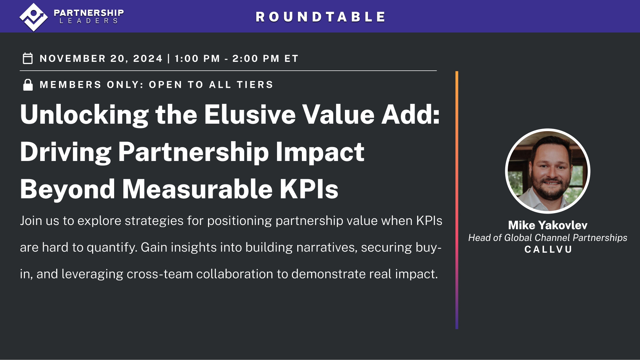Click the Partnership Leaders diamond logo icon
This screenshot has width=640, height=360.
coord(33,17)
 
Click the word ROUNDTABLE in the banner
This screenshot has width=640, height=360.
coord(320,17)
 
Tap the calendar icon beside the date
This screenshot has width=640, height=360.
coord(28,58)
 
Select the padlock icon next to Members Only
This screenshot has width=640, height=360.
coord(28,85)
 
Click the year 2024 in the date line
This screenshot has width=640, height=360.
coord(148,58)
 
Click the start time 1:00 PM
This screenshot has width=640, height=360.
coord(197,58)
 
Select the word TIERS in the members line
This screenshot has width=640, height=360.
coord(255,85)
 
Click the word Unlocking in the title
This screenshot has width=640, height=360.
coord(84,115)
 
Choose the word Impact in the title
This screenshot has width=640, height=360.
coord(320,152)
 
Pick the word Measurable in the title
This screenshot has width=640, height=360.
coord(197,189)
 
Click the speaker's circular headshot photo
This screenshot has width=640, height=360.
coord(548,171)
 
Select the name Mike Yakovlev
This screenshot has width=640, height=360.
coord(548,225)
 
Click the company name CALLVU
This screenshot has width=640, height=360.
coord(548,249)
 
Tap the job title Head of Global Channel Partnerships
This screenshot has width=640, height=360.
coord(548,238)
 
